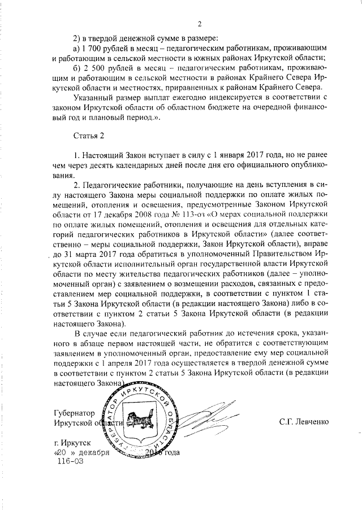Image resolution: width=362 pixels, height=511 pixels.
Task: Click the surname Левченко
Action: click(313, 422)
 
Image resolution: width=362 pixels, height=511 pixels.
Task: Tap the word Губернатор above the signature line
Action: click(74, 412)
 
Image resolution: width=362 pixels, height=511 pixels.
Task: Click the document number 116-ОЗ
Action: click(70, 461)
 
